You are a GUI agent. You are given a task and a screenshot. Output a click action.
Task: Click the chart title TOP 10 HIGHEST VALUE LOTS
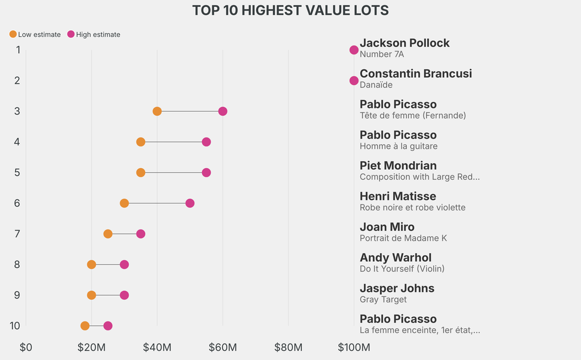coord(290,11)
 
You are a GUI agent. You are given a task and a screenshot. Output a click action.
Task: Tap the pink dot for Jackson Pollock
coord(354,50)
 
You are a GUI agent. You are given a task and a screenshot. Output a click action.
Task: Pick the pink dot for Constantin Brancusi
coord(354,81)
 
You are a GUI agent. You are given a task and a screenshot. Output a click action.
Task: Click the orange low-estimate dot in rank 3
coord(157,111)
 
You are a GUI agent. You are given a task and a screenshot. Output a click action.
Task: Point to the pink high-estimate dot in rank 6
coord(190,203)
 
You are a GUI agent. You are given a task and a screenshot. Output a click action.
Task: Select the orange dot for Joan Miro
coord(108,234)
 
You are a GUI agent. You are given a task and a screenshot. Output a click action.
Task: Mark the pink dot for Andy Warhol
coord(124,265)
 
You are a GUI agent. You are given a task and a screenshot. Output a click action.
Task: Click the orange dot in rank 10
coord(85,326)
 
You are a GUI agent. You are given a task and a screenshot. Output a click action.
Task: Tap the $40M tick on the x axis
coord(157,347)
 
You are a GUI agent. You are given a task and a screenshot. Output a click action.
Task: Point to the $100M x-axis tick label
coord(354,347)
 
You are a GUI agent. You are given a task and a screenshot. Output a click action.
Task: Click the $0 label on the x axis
coord(26,347)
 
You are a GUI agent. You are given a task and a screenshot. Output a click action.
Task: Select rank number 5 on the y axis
coord(18,173)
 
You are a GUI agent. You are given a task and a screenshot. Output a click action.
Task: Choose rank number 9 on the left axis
coord(18,295)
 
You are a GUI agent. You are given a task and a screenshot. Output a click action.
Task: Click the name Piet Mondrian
coord(398,166)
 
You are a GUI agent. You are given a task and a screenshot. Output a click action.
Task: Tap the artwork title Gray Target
coord(383,300)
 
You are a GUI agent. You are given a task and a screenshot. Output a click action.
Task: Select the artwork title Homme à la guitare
coord(398,146)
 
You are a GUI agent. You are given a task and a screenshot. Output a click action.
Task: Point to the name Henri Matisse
coord(398,196)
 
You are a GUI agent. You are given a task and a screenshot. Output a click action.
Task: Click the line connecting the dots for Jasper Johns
coord(108,295)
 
